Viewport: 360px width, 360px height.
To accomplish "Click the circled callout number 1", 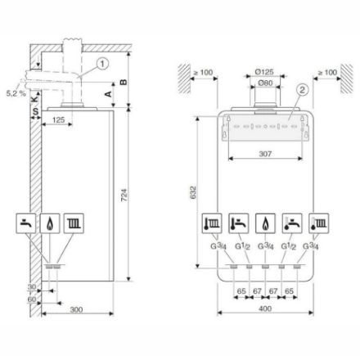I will click(x=99, y=63).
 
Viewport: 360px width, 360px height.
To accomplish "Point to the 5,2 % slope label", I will click(x=15, y=95).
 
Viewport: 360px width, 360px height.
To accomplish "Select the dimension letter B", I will click(x=123, y=82).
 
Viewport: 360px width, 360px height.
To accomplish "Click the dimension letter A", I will click(x=110, y=94).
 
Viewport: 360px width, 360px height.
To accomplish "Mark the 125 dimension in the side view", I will click(x=57, y=119).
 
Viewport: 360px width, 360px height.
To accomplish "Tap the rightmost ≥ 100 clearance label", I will click(x=331, y=73).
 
